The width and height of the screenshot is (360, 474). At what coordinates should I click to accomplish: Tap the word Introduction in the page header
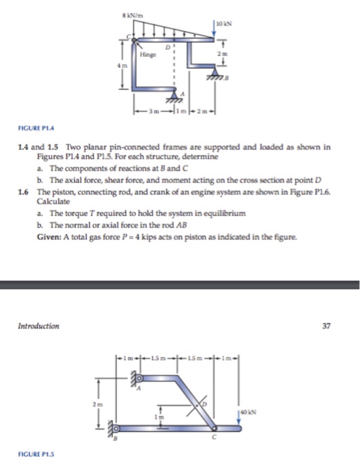[x=39, y=326]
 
